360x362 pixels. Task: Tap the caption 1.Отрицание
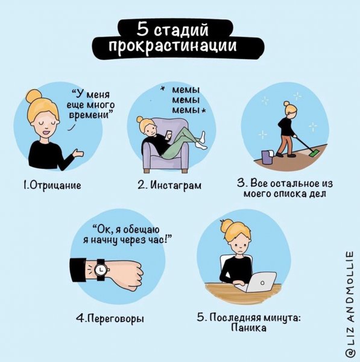tap(51, 185)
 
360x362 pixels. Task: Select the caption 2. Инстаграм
tap(169, 185)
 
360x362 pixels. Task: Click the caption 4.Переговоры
tap(110, 318)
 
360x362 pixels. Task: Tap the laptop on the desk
tap(261, 282)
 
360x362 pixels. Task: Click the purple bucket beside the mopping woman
tap(267, 157)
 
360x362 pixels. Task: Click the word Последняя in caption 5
tap(236, 317)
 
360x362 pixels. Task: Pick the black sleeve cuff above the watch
tap(79, 268)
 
